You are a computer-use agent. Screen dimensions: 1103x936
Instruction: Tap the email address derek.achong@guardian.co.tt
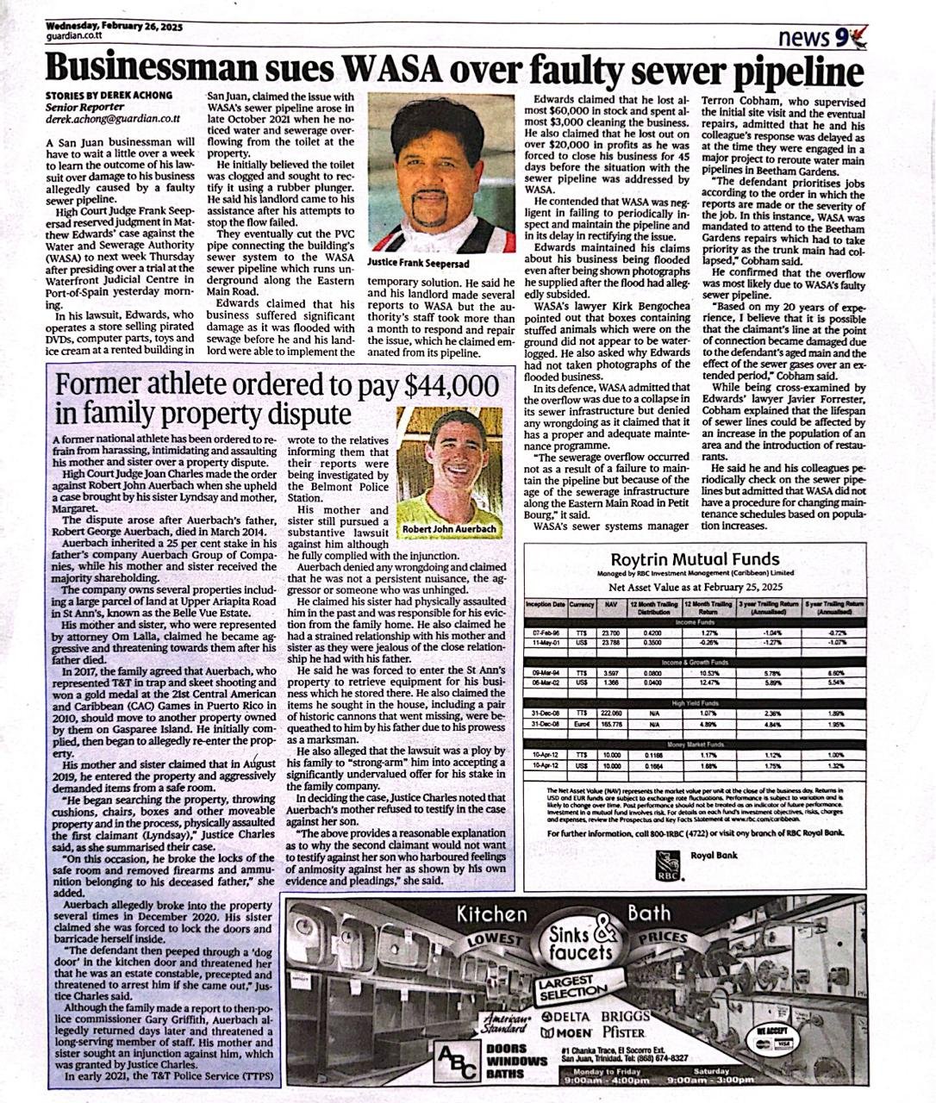[113, 122]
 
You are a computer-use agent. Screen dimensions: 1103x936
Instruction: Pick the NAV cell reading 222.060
[611, 714]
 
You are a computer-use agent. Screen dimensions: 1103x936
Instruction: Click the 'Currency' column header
[581, 605]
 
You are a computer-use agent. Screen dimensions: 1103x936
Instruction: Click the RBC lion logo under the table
[667, 864]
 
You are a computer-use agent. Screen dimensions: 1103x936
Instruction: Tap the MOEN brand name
[566, 1031]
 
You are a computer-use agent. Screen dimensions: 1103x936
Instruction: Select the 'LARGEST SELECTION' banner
[571, 988]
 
